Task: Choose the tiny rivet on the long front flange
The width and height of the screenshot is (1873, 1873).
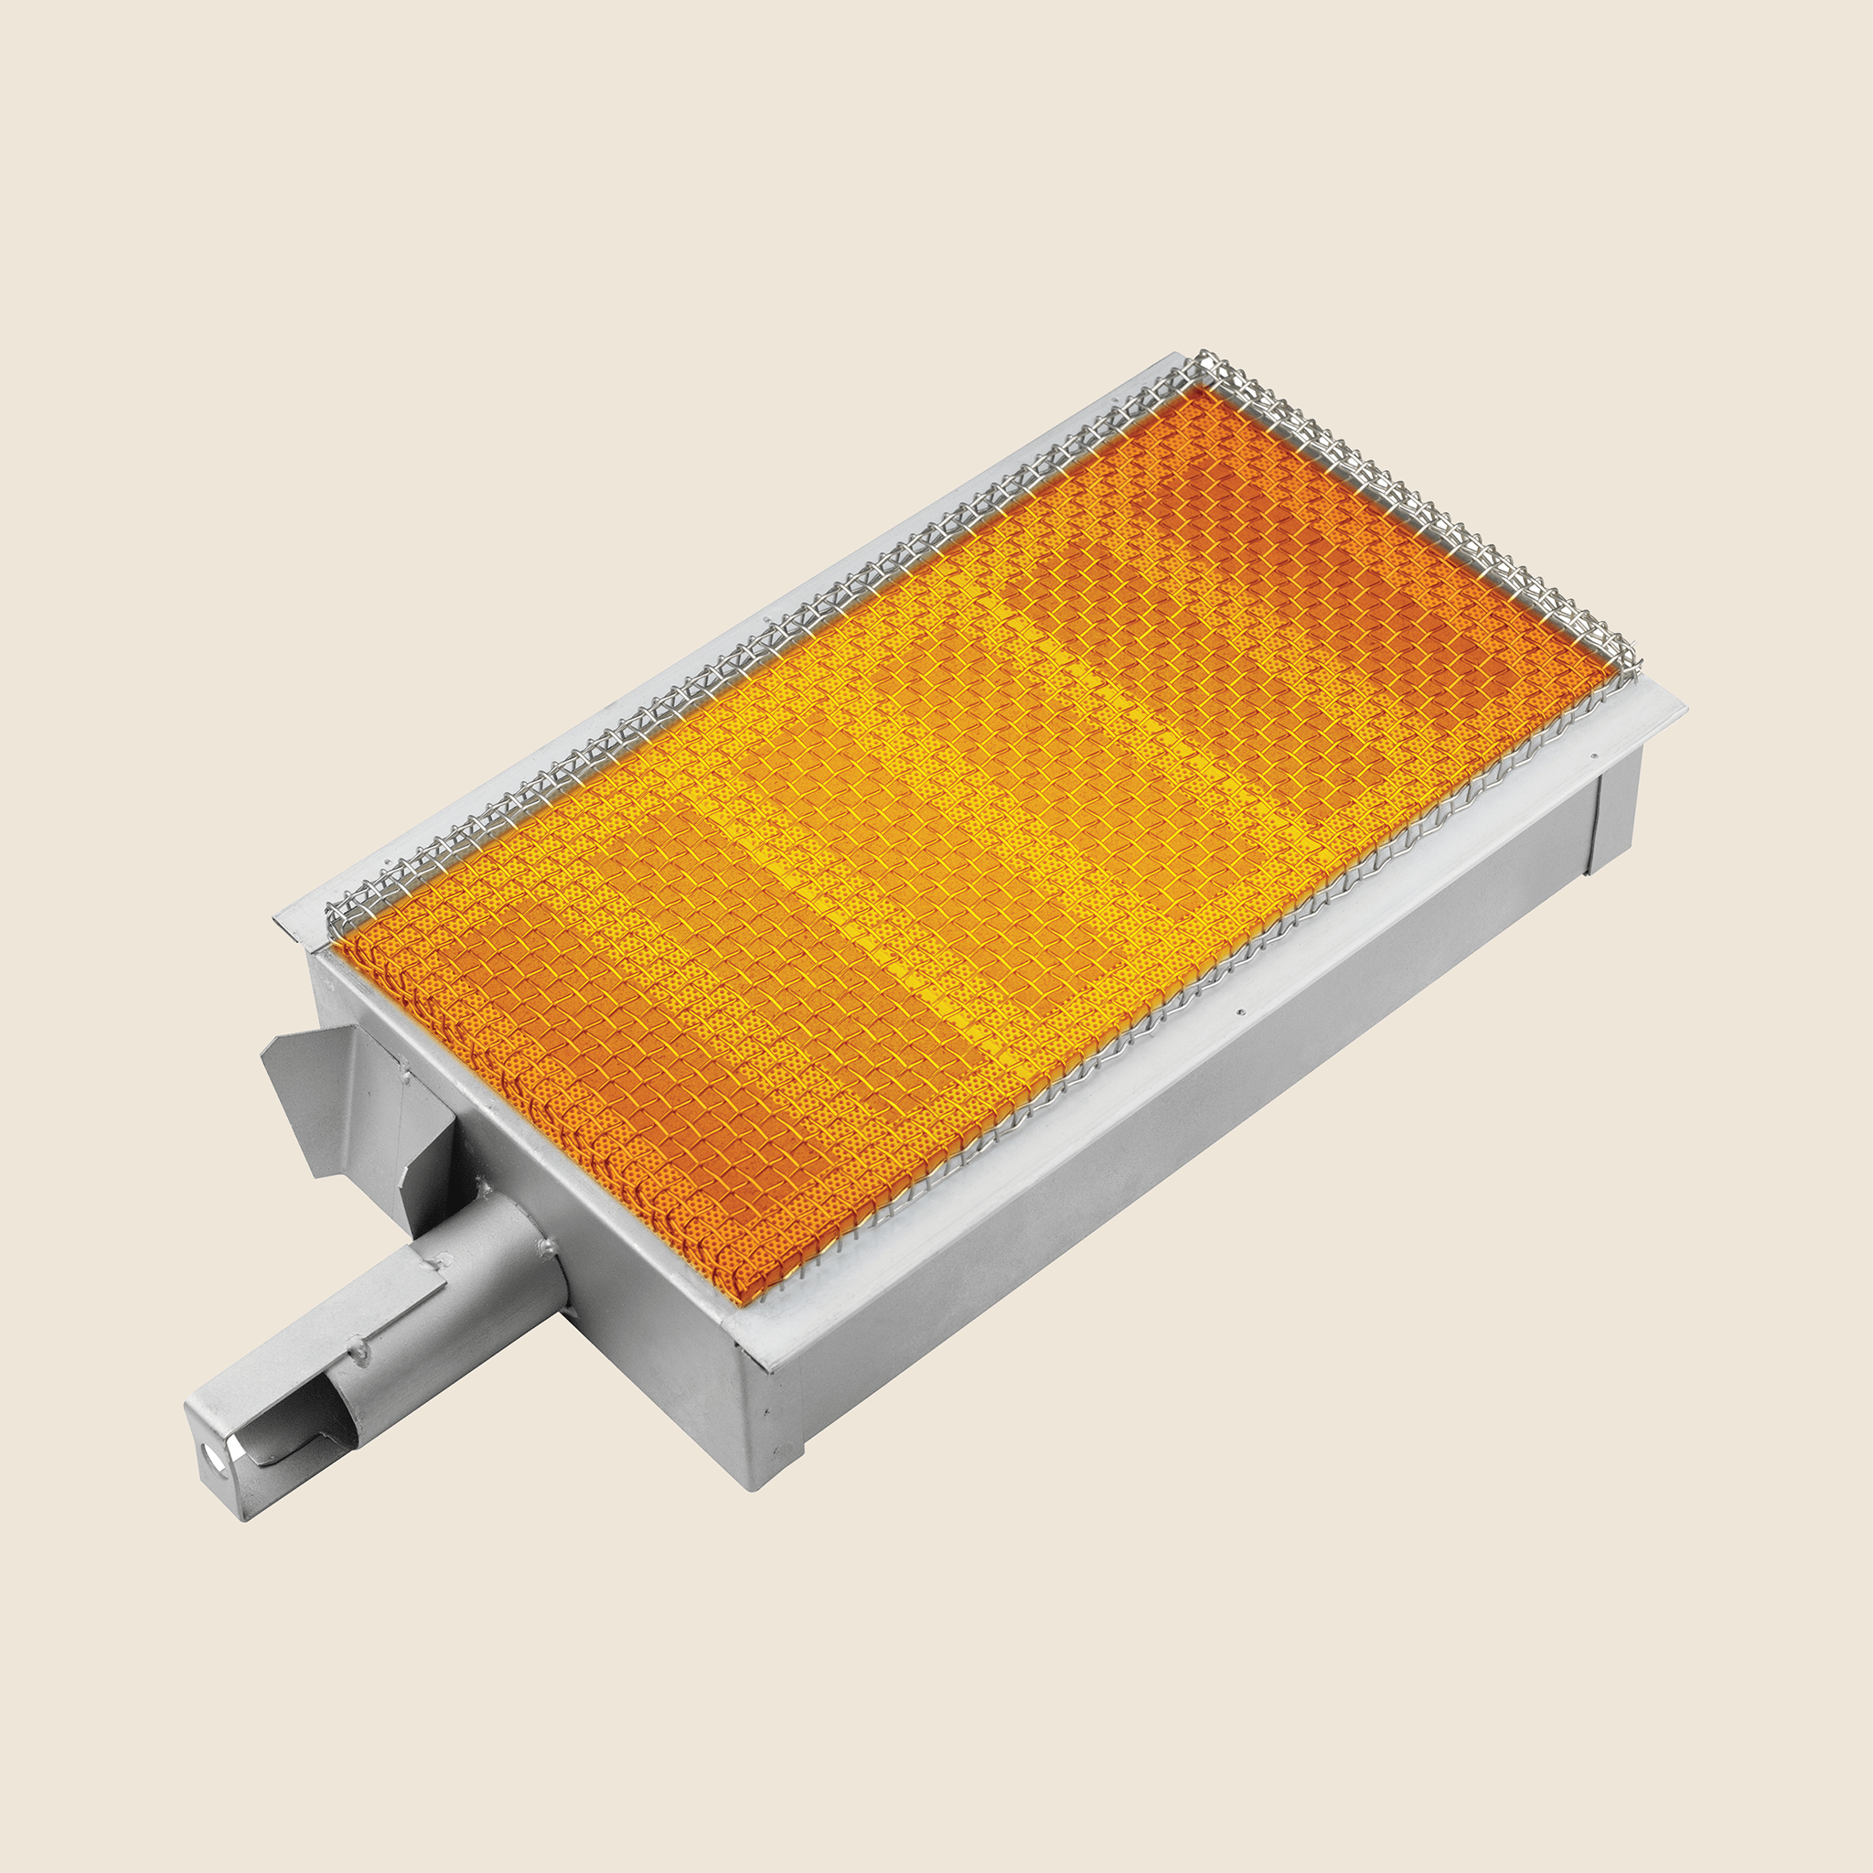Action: pyautogui.click(x=1240, y=1013)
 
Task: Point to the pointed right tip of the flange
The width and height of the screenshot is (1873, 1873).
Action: pyautogui.click(x=1685, y=711)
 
